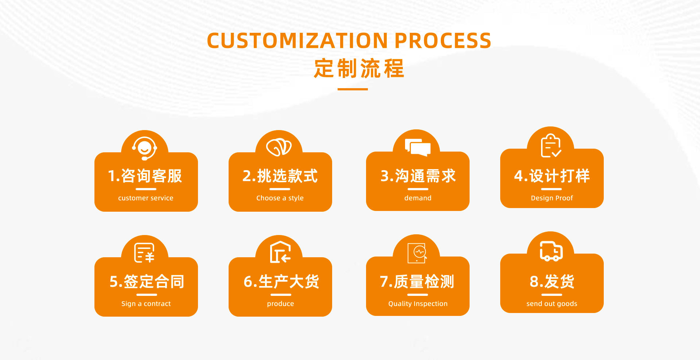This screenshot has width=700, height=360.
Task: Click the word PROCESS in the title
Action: (443, 40)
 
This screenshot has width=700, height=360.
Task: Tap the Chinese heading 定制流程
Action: (359, 69)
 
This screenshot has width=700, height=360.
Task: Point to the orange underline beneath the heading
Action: (353, 89)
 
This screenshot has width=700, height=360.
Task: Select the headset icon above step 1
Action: (145, 148)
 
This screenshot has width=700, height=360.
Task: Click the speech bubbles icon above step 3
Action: (418, 147)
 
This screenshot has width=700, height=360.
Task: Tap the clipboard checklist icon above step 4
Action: (551, 146)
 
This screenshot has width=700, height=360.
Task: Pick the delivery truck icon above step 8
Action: (551, 251)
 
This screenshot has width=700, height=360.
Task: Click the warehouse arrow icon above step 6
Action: (280, 252)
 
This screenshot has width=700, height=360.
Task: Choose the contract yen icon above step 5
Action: (144, 253)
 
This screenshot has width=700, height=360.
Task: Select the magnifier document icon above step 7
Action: (417, 253)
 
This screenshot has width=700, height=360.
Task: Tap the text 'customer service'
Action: (146, 198)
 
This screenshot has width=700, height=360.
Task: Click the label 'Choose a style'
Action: (280, 198)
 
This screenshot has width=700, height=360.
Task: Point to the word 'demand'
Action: (418, 198)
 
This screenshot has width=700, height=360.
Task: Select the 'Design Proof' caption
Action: (552, 198)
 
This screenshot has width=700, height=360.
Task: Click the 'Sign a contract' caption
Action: (146, 304)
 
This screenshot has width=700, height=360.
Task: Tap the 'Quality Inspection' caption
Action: (418, 304)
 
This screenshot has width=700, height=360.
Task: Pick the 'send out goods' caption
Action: (552, 304)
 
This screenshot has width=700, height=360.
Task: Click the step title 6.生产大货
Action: (281, 282)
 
